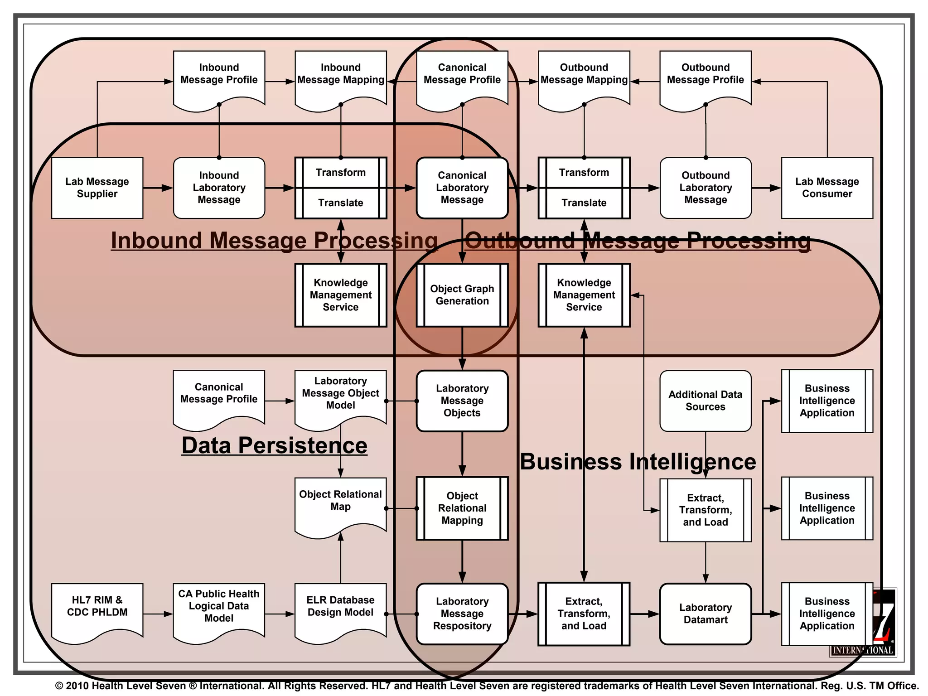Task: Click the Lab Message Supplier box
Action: (x=97, y=188)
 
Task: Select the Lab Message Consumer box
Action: (x=827, y=188)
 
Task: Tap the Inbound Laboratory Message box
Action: (x=219, y=188)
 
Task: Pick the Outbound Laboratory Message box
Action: (x=706, y=188)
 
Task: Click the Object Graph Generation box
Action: (x=462, y=295)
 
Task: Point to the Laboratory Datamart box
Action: (x=706, y=614)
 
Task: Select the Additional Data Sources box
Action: (x=706, y=401)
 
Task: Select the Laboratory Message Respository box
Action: (x=462, y=614)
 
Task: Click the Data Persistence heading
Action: (x=275, y=445)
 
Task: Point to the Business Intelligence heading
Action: (x=638, y=462)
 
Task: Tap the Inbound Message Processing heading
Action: (x=274, y=240)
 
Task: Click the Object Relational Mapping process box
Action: (x=462, y=508)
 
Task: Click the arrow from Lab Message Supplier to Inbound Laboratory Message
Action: (x=158, y=188)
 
